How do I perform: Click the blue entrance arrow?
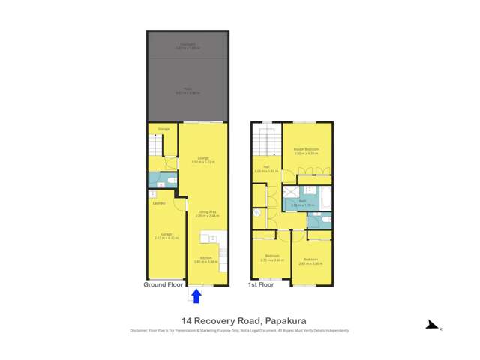coord(196,295)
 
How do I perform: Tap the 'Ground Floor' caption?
coord(163,285)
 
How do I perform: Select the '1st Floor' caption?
coord(260,285)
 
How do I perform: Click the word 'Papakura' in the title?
coord(280,320)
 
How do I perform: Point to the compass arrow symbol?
coord(432,325)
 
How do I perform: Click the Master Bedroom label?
coord(307,151)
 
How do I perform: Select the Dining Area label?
coord(203,214)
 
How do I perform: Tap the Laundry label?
coord(159,203)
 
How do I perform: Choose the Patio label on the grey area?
coord(187,91)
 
